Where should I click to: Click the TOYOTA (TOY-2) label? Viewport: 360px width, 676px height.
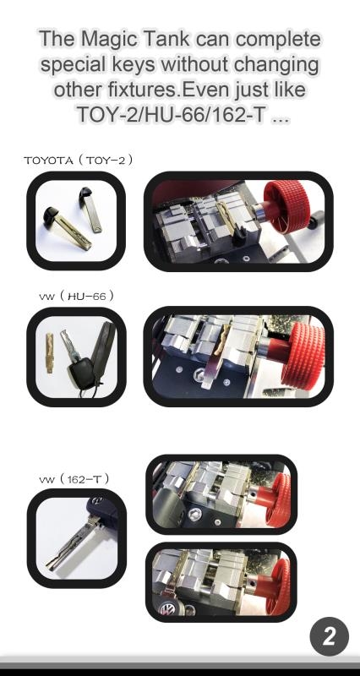coord(79,160)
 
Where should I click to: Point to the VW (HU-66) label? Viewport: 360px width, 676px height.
coord(76,296)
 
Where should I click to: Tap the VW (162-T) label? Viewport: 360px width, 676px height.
coord(74,479)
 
